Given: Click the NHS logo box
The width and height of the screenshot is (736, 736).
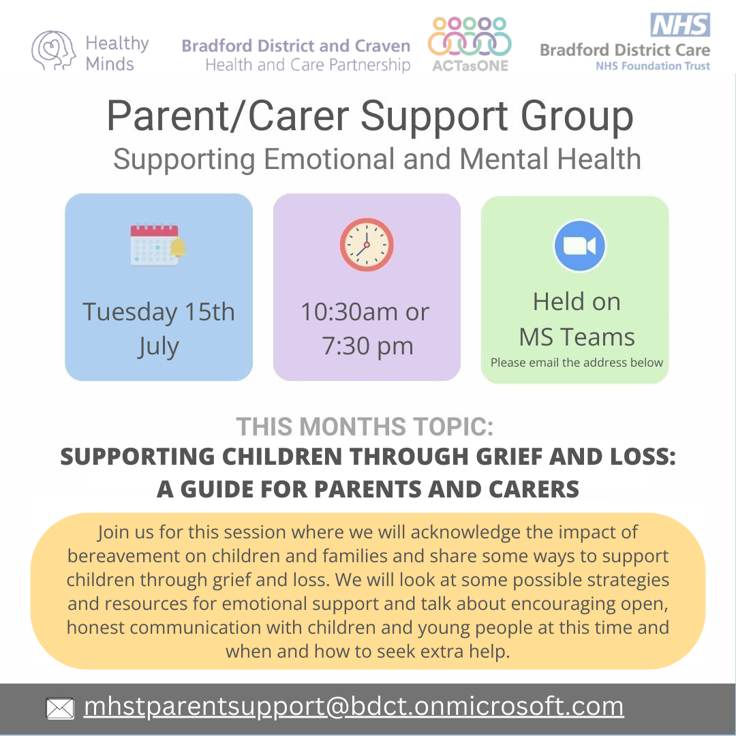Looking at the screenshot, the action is [x=680, y=25].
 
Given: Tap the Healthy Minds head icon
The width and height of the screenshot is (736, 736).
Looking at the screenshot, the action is [x=53, y=50].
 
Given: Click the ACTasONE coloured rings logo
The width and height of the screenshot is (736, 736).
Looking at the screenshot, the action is [x=470, y=37].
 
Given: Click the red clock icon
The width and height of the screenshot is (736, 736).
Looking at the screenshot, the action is [x=367, y=245].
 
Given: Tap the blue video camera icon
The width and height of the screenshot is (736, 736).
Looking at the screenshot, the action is [x=580, y=245].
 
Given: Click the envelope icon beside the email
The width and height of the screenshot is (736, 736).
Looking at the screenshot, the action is [x=60, y=708].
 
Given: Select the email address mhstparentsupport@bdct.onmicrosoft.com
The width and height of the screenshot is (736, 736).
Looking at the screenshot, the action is [x=354, y=706].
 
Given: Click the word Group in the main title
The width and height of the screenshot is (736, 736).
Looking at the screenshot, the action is [x=577, y=116].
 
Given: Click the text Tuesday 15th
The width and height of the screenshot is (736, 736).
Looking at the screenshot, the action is [x=159, y=311].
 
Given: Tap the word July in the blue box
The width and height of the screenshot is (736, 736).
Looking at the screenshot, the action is [x=159, y=347].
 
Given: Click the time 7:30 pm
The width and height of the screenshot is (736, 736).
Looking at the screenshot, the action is [x=367, y=346].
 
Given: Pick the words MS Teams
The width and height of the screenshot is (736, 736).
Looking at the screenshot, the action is [x=577, y=337].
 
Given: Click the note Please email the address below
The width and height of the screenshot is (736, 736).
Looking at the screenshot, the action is [x=577, y=363].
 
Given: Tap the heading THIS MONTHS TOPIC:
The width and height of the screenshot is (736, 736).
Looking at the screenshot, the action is [x=365, y=427].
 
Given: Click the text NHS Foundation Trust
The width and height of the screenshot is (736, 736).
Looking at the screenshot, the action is [x=653, y=66].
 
